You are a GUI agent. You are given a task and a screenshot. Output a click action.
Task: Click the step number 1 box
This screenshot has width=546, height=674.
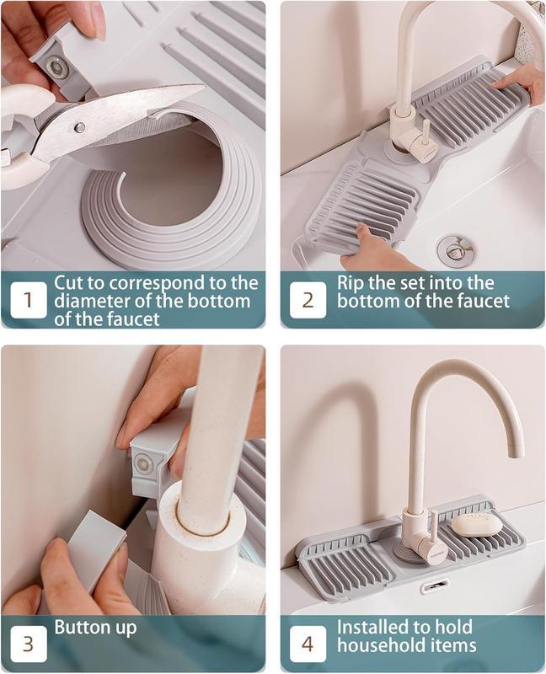click(x=29, y=300)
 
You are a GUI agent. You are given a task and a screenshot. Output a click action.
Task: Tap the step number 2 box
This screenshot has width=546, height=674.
click(x=308, y=300)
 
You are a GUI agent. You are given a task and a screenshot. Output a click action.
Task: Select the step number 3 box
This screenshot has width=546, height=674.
click(x=29, y=644)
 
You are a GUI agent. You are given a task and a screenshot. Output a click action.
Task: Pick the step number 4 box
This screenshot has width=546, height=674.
click(x=308, y=644)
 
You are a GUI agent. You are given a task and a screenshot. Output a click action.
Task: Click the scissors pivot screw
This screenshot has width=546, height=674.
click(x=79, y=127)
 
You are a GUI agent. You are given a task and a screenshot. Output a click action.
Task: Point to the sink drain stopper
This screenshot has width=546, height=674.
click(x=452, y=248)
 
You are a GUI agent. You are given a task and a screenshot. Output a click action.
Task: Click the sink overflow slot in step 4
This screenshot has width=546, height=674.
click(x=435, y=586)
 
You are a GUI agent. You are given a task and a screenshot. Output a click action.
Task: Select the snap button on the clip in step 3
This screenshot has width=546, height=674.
click(x=142, y=464)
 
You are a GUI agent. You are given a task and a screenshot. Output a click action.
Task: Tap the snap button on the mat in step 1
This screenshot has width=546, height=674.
click(x=56, y=67)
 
